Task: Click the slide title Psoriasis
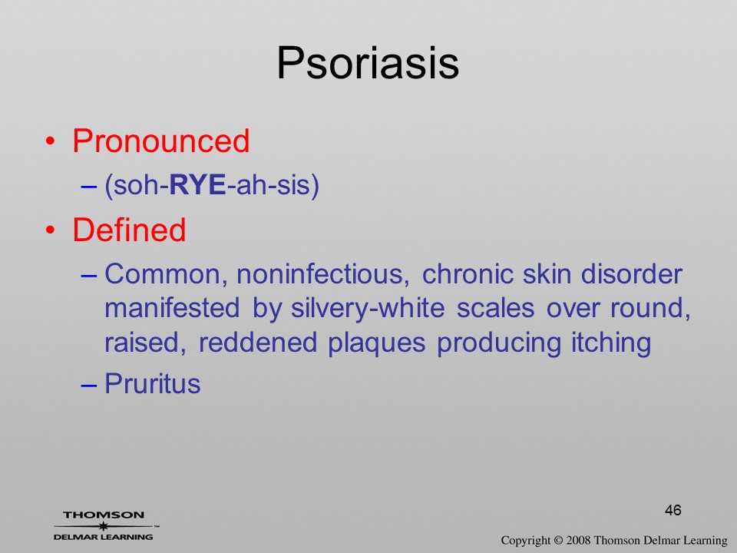[x=368, y=64]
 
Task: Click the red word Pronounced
[x=160, y=141]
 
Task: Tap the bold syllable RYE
[x=197, y=185]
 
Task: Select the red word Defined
[x=129, y=230]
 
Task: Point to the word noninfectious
[x=323, y=274]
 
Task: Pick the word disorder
[x=631, y=273]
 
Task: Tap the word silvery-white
[x=368, y=309]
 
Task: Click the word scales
[x=495, y=309]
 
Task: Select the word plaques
[x=376, y=343]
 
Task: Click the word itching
[x=611, y=343]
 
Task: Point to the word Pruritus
[x=152, y=383]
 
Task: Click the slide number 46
[x=673, y=510]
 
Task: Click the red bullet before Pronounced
[x=51, y=141]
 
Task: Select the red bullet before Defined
[x=51, y=230]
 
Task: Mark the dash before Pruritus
[x=89, y=385]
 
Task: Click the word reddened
[x=258, y=343]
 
